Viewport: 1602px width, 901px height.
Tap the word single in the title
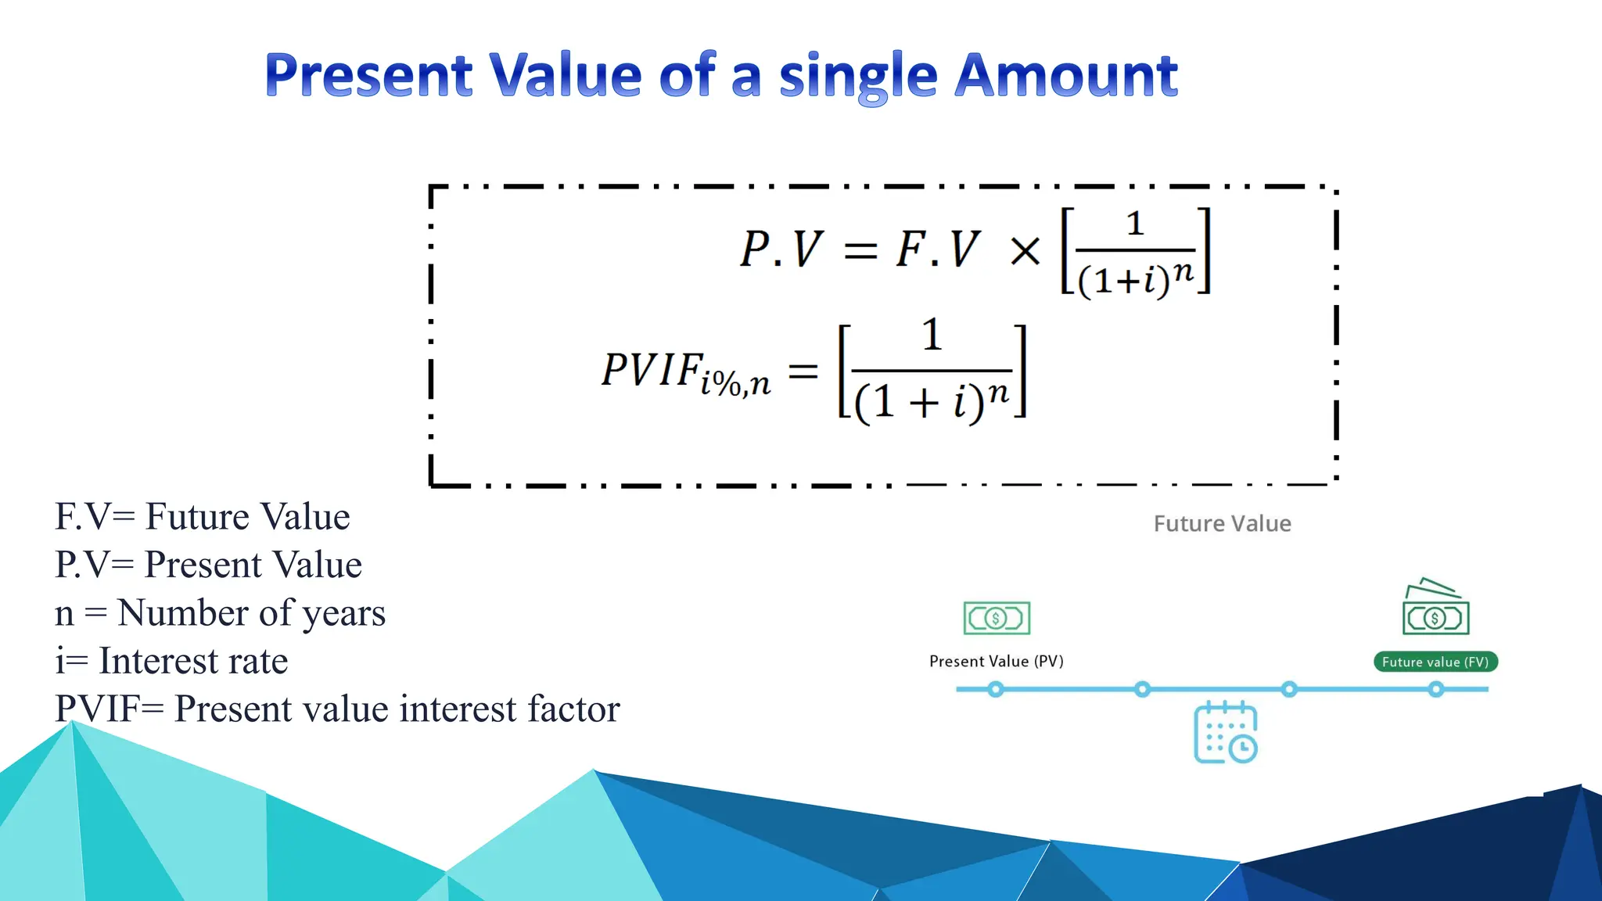tap(858, 77)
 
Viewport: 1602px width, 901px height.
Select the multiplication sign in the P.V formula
tap(1025, 252)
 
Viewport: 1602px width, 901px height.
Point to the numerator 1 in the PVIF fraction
tap(932, 335)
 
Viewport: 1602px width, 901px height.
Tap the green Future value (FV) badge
tap(1435, 662)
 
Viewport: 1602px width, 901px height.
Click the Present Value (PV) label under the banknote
tap(996, 662)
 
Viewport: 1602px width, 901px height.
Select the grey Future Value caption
tap(1222, 523)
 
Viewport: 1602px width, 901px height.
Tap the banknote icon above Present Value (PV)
tap(997, 618)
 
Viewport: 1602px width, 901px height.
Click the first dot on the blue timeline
tap(995, 689)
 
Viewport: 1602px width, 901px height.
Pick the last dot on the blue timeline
tap(1436, 689)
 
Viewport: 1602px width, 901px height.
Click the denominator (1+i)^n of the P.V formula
tap(1136, 277)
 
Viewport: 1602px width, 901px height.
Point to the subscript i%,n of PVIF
tap(735, 384)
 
